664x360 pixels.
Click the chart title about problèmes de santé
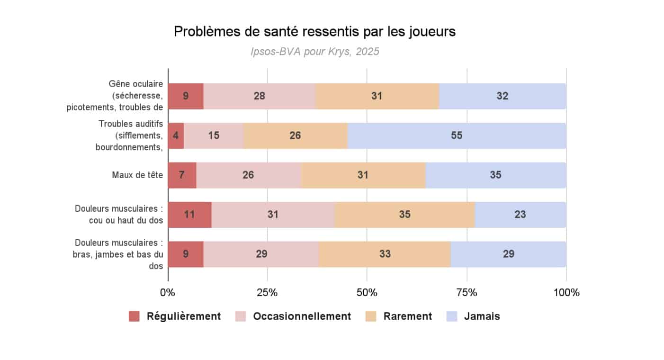point(314,31)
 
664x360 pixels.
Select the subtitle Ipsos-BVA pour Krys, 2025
point(314,52)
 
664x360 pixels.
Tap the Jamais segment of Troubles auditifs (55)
point(457,135)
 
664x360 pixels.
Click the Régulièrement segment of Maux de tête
point(182,175)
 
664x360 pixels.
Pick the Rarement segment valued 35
point(404,214)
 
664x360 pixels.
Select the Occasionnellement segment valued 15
point(214,135)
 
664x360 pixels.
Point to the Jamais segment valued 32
point(502,96)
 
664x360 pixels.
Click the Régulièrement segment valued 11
point(189,214)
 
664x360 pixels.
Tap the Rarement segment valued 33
point(385,253)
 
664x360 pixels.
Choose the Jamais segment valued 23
point(520,214)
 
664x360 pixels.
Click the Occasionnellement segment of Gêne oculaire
point(259,96)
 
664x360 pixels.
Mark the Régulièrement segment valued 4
point(176,135)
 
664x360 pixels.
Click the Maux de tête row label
point(137,175)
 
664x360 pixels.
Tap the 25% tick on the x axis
point(267,292)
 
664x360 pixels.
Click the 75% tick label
point(467,292)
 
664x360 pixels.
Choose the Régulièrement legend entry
point(175,316)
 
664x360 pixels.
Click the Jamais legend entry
point(473,316)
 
